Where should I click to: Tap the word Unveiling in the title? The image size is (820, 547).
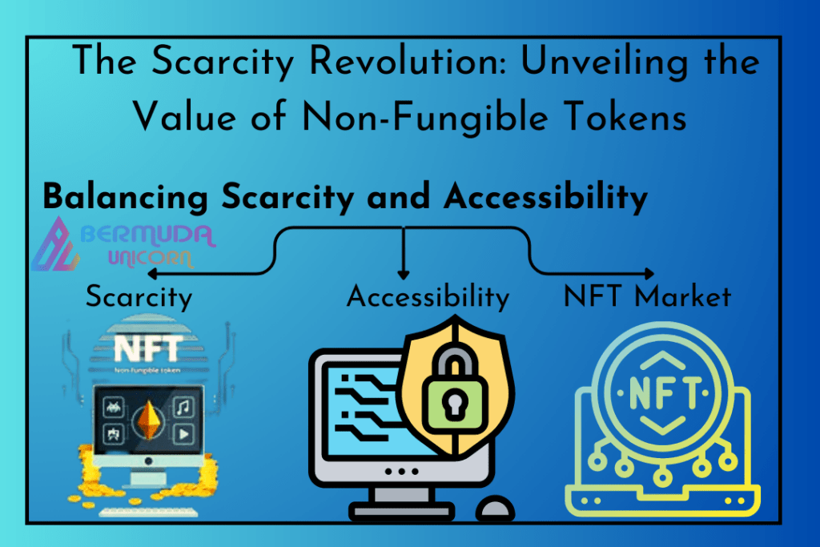click(605, 62)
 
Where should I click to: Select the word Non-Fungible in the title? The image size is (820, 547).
click(425, 116)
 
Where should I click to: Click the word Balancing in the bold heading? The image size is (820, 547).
click(126, 198)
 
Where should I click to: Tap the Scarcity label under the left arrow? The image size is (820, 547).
click(139, 297)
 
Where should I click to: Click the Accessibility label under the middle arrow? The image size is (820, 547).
click(428, 297)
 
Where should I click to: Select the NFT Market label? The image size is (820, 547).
click(647, 296)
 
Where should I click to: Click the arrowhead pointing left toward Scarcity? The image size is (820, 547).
click(153, 273)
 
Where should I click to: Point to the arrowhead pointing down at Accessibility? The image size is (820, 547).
click(404, 274)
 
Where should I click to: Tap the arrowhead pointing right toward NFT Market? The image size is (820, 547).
click(649, 273)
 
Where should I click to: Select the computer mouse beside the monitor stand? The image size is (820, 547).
click(495, 508)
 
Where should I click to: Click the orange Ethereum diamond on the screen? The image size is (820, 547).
click(148, 420)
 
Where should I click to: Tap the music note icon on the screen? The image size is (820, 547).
click(183, 407)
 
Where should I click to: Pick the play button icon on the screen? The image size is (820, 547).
click(183, 434)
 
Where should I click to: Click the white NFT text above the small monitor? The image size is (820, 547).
click(148, 348)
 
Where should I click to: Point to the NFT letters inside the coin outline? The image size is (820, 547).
click(663, 392)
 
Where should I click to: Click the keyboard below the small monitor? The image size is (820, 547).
click(148, 512)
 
